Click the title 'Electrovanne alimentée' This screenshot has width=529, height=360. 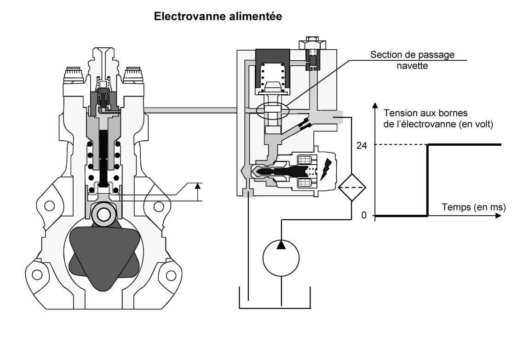[218, 16]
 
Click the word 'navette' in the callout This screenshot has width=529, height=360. [412, 65]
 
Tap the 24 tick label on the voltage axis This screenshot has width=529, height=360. [361, 146]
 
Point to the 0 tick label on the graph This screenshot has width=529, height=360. [364, 215]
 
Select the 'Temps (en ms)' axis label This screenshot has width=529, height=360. [474, 207]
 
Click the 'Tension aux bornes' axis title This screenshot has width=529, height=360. [425, 113]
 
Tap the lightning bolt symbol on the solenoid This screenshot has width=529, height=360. [326, 169]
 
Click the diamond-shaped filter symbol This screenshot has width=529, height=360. [352, 187]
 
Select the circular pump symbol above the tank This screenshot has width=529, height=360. [281, 258]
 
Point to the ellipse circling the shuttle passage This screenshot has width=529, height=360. [272, 110]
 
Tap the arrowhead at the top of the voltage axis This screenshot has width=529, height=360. [375, 105]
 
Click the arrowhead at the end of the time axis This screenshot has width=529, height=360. [498, 215]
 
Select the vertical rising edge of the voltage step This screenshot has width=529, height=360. [428, 180]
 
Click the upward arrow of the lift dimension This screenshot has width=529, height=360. [198, 192]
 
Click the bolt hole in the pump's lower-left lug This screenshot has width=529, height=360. [37, 275]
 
